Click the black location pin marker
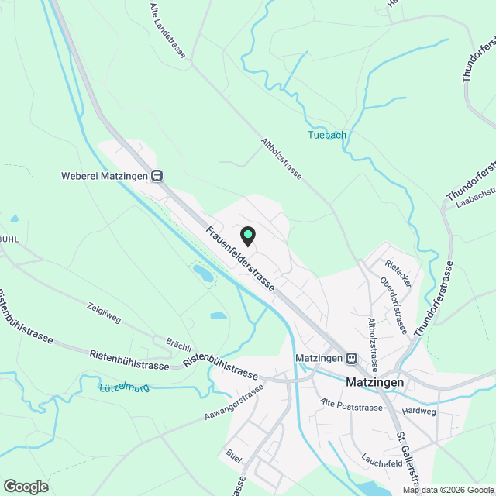point(247,235)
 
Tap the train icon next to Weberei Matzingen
point(157,176)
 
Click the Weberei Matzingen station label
point(104,176)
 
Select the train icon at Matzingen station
point(352,358)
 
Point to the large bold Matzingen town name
point(374,382)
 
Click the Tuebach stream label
point(327,135)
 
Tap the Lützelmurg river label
point(123,386)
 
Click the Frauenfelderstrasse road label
point(240,259)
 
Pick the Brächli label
point(178,342)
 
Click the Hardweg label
point(420,412)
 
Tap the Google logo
point(25,487)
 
